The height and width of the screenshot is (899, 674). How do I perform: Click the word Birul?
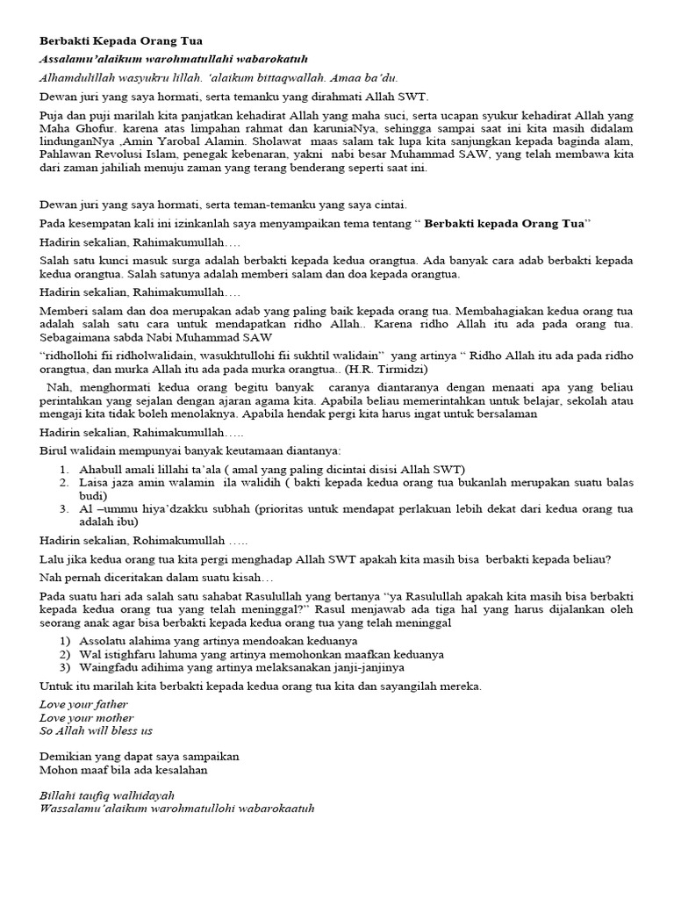point(54,450)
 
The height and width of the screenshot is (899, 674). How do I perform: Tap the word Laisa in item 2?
point(95,483)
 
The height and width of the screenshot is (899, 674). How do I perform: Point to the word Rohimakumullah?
point(175,541)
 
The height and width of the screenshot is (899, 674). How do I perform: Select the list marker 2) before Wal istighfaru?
point(65,654)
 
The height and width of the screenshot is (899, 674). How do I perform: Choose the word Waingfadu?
point(109,667)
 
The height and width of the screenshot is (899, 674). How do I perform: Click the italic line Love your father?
point(83,704)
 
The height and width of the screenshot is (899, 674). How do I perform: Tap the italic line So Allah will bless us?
point(96,730)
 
